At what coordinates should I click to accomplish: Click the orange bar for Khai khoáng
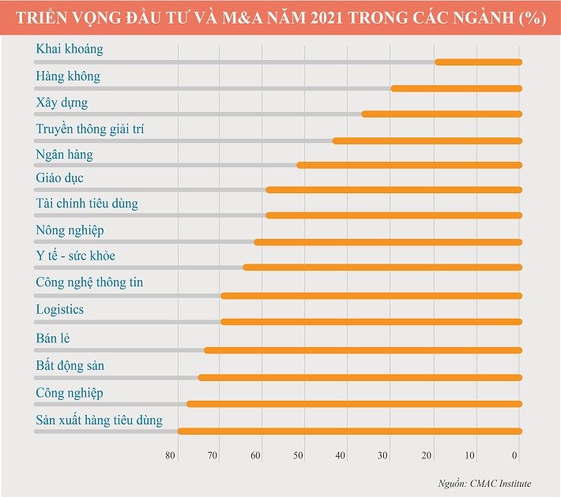pyautogui.click(x=479, y=62)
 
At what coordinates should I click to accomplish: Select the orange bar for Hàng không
pyautogui.click(x=457, y=88)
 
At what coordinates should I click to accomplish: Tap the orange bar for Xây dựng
pyautogui.click(x=442, y=114)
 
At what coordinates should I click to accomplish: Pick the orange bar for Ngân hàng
pyautogui.click(x=409, y=165)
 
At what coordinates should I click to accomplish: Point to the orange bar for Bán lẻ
pyautogui.click(x=363, y=349)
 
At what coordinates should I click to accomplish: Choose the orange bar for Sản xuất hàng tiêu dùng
pyautogui.click(x=350, y=431)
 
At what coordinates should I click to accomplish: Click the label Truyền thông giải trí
pyautogui.click(x=90, y=129)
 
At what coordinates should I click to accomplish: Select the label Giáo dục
pyautogui.click(x=59, y=178)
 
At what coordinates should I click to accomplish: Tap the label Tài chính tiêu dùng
pyautogui.click(x=87, y=204)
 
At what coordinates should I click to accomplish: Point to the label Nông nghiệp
pyautogui.click(x=70, y=230)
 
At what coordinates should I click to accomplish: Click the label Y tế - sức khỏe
pyautogui.click(x=76, y=256)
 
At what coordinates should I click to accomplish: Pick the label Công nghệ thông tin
pyautogui.click(x=89, y=282)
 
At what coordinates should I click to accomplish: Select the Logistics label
pyautogui.click(x=60, y=309)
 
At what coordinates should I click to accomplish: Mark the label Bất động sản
pyautogui.click(x=70, y=366)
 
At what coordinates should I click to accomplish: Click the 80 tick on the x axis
pyautogui.click(x=170, y=456)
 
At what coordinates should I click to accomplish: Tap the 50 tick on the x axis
pyautogui.click(x=299, y=456)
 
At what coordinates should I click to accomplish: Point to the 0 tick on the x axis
pyautogui.click(x=515, y=456)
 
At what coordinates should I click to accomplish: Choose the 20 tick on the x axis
pyautogui.click(x=427, y=456)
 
